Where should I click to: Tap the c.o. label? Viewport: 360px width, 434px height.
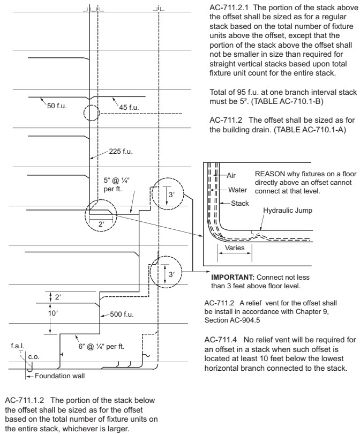tap(34, 356)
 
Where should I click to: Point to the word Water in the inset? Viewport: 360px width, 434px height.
tap(237, 189)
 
